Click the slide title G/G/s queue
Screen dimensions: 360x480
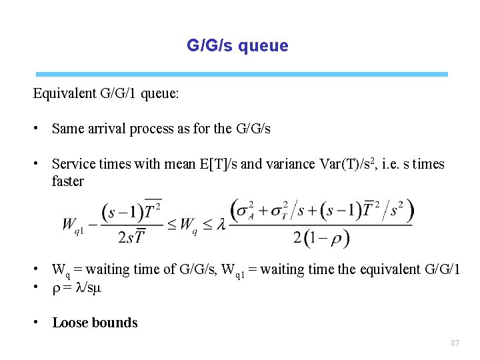coord(237,46)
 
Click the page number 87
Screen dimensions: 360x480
coord(455,343)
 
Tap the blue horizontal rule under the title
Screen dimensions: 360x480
coord(241,74)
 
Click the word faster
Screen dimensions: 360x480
coord(67,181)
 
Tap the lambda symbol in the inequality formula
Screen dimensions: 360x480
coord(219,225)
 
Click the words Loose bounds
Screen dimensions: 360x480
coord(95,323)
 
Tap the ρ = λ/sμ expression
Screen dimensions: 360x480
coord(78,288)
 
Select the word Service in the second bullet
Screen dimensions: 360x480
coord(72,164)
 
